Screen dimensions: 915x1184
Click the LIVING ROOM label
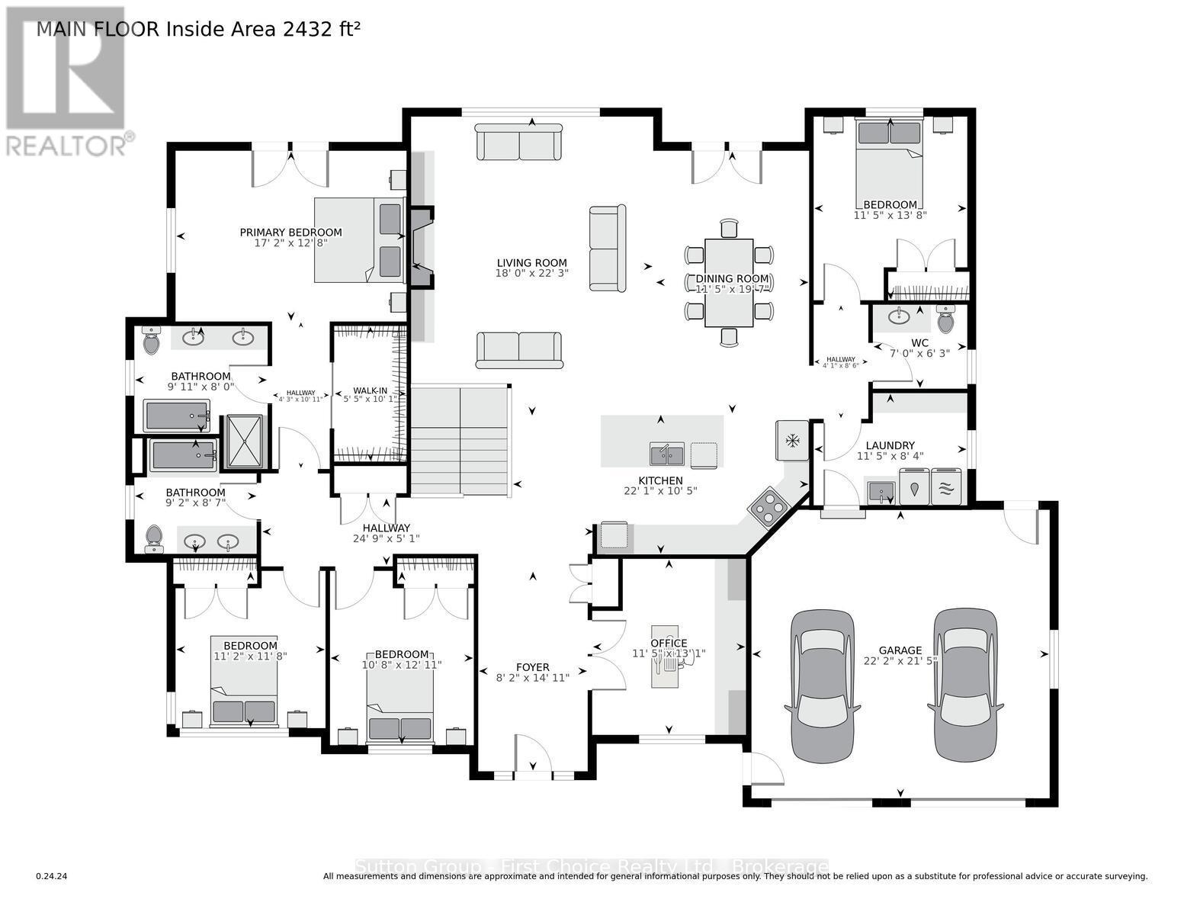pyautogui.click(x=531, y=263)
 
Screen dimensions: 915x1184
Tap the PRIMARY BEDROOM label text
pyautogui.click(x=290, y=233)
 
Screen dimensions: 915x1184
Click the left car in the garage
pyautogui.click(x=823, y=685)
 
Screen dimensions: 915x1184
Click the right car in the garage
pyautogui.click(x=965, y=685)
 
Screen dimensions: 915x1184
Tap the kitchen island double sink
pyautogui.click(x=666, y=454)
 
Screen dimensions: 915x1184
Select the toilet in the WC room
pyautogui.click(x=945, y=319)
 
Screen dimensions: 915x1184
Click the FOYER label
pyautogui.click(x=532, y=667)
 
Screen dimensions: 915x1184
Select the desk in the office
pyautogui.click(x=664, y=659)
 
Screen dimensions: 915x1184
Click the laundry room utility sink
pyautogui.click(x=881, y=490)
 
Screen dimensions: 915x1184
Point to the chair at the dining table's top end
pyautogui.click(x=729, y=228)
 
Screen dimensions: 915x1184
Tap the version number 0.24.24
pyautogui.click(x=52, y=877)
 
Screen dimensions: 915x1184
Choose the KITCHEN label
pyautogui.click(x=660, y=480)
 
